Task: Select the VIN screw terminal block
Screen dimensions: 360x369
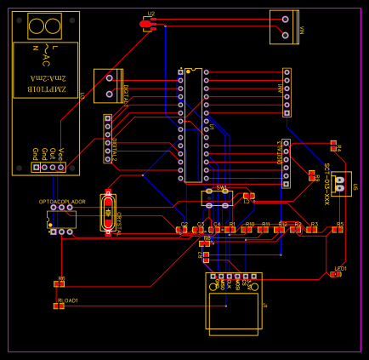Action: tap(285, 26)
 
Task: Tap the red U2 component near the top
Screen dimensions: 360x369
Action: tap(148, 26)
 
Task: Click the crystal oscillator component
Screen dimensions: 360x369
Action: tap(108, 213)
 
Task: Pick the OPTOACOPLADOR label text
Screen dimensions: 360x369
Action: tap(62, 201)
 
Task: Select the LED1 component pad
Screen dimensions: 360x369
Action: tap(338, 274)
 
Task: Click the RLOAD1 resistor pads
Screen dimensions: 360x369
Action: tap(59, 306)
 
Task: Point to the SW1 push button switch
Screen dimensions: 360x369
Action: tap(218, 198)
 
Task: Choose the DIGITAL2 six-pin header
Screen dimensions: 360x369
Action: tap(107, 139)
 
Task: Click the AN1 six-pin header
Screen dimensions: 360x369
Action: tap(287, 92)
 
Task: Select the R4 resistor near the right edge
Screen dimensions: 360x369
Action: tap(334, 147)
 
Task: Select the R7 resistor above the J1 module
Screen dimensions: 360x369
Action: tap(204, 254)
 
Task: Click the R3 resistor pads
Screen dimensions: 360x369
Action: tap(312, 229)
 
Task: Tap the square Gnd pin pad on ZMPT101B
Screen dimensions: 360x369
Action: tap(36, 168)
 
